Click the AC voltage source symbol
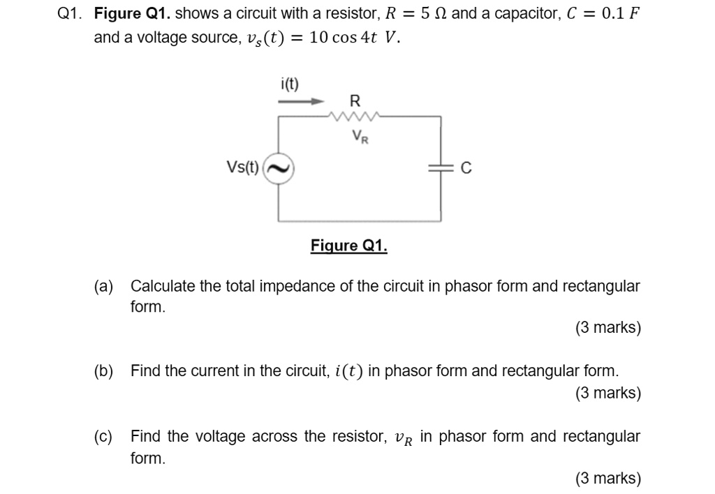pyautogui.click(x=279, y=168)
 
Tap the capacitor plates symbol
pyautogui.click(x=440, y=168)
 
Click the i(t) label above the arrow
pyautogui.click(x=289, y=84)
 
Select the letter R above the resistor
pyautogui.click(x=355, y=100)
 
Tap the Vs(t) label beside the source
pyautogui.click(x=242, y=167)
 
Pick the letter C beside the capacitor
pyautogui.click(x=467, y=168)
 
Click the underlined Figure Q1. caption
pyautogui.click(x=348, y=246)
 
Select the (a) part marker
pyautogui.click(x=104, y=286)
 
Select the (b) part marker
pyautogui.click(x=104, y=370)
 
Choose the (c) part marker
pyautogui.click(x=104, y=437)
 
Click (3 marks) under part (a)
pyautogui.click(x=607, y=328)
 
